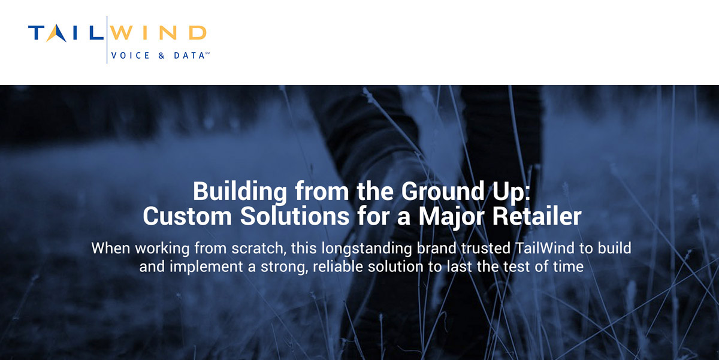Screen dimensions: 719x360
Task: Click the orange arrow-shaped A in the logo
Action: point(56,33)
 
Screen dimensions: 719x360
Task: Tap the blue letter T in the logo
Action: point(37,33)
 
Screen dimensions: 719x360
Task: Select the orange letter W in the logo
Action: point(122,33)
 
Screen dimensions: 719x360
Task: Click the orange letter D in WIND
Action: point(197,33)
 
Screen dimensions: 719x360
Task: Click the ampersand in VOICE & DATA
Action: point(161,56)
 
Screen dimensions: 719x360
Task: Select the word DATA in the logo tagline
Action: point(189,56)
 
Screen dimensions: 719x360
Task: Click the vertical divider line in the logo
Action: point(107,40)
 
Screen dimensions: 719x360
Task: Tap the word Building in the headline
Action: point(240,192)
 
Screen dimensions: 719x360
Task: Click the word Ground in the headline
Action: point(443,191)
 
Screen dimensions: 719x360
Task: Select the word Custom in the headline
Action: point(188,216)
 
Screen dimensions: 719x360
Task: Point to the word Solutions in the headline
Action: point(295,216)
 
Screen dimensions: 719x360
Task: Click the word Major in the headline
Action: point(451,217)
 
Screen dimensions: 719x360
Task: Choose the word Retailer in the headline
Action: point(537,216)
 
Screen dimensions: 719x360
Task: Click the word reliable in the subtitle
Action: point(338,267)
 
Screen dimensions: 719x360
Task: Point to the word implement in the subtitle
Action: point(206,267)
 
